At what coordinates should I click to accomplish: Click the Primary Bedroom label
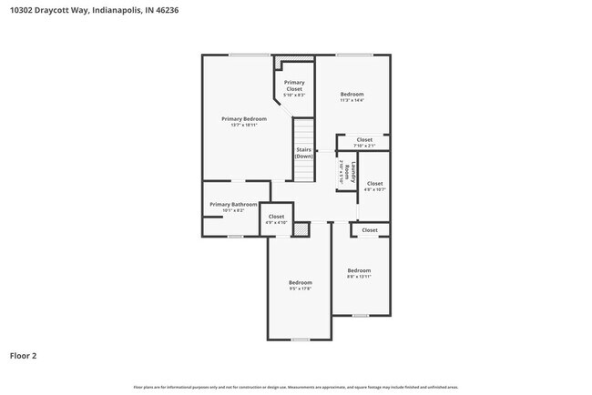pyautogui.click(x=244, y=119)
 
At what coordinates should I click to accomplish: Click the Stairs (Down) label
pyautogui.click(x=303, y=153)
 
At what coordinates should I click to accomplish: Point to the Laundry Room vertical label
pyautogui.click(x=344, y=171)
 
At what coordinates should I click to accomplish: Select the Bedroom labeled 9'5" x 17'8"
pyautogui.click(x=301, y=283)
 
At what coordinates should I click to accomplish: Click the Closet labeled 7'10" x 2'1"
pyautogui.click(x=364, y=140)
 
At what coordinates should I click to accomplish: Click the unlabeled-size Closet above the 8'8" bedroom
pyautogui.click(x=370, y=230)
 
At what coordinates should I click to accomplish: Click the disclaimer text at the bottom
pyautogui.click(x=295, y=387)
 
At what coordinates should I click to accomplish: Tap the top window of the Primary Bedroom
pyautogui.click(x=241, y=56)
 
